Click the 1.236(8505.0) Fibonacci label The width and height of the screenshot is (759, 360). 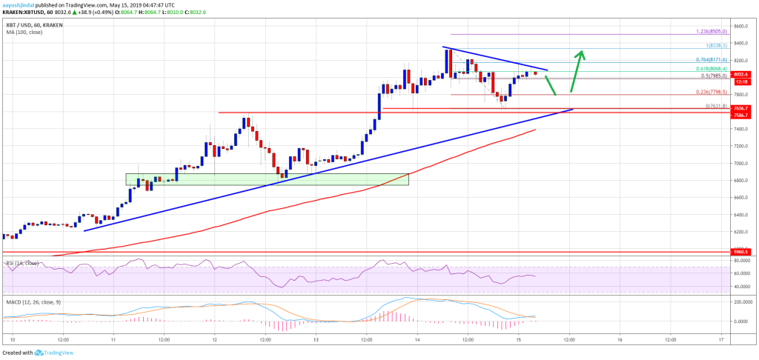[x=711, y=32]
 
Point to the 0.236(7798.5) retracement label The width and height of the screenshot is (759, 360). [x=712, y=92]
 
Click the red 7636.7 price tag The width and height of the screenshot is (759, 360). [x=743, y=108]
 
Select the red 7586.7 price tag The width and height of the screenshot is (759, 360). [x=743, y=115]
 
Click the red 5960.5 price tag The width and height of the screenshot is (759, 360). [x=743, y=252]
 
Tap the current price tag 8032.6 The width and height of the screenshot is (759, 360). [x=743, y=73]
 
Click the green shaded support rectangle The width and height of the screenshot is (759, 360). [x=267, y=179]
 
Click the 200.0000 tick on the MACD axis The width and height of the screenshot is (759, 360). [x=742, y=304]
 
